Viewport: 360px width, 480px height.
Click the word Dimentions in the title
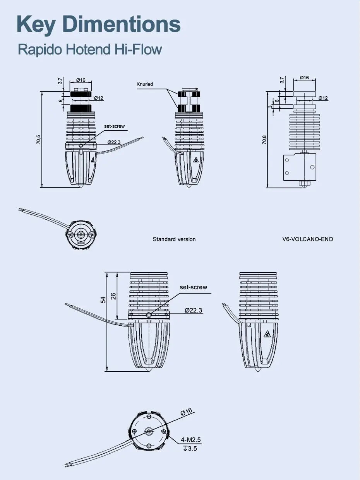tap(122, 24)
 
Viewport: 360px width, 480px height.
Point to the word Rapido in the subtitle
tap(41, 50)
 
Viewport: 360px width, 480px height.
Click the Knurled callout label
tap(145, 84)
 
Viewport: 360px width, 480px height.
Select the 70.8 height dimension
tap(264, 140)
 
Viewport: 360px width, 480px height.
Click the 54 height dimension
tap(103, 300)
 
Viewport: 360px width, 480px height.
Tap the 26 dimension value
tap(113, 296)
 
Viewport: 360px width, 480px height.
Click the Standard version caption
tap(174, 239)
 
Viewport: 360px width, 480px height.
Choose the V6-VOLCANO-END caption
tap(308, 239)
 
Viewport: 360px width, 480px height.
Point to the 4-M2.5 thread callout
tap(191, 440)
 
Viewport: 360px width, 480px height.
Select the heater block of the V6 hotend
tap(300, 167)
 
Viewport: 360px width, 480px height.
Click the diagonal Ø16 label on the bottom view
tap(186, 412)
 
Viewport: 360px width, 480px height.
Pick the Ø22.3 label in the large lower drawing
tap(193, 310)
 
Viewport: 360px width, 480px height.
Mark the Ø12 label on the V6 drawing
tap(323, 98)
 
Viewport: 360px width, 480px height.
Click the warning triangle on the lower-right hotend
tap(267, 334)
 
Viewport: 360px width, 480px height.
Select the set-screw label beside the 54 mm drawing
tap(193, 287)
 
